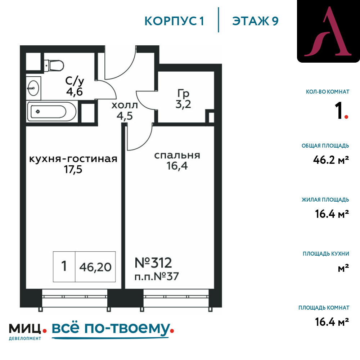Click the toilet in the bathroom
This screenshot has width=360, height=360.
tap(55, 65)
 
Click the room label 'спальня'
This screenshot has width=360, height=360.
tap(177, 155)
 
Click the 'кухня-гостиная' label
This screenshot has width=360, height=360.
tap(73, 159)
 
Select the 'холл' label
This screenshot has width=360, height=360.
tap(125, 105)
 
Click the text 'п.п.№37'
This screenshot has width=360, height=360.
tap(157, 276)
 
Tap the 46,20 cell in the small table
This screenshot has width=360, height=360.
tap(95, 267)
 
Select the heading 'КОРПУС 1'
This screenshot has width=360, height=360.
tap(174, 21)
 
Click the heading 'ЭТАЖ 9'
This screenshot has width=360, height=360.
tap(255, 21)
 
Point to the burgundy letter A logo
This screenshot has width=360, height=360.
tap(328, 32)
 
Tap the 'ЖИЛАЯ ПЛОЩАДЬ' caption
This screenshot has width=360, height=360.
tap(325, 199)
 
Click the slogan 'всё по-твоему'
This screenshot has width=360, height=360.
tap(110, 329)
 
